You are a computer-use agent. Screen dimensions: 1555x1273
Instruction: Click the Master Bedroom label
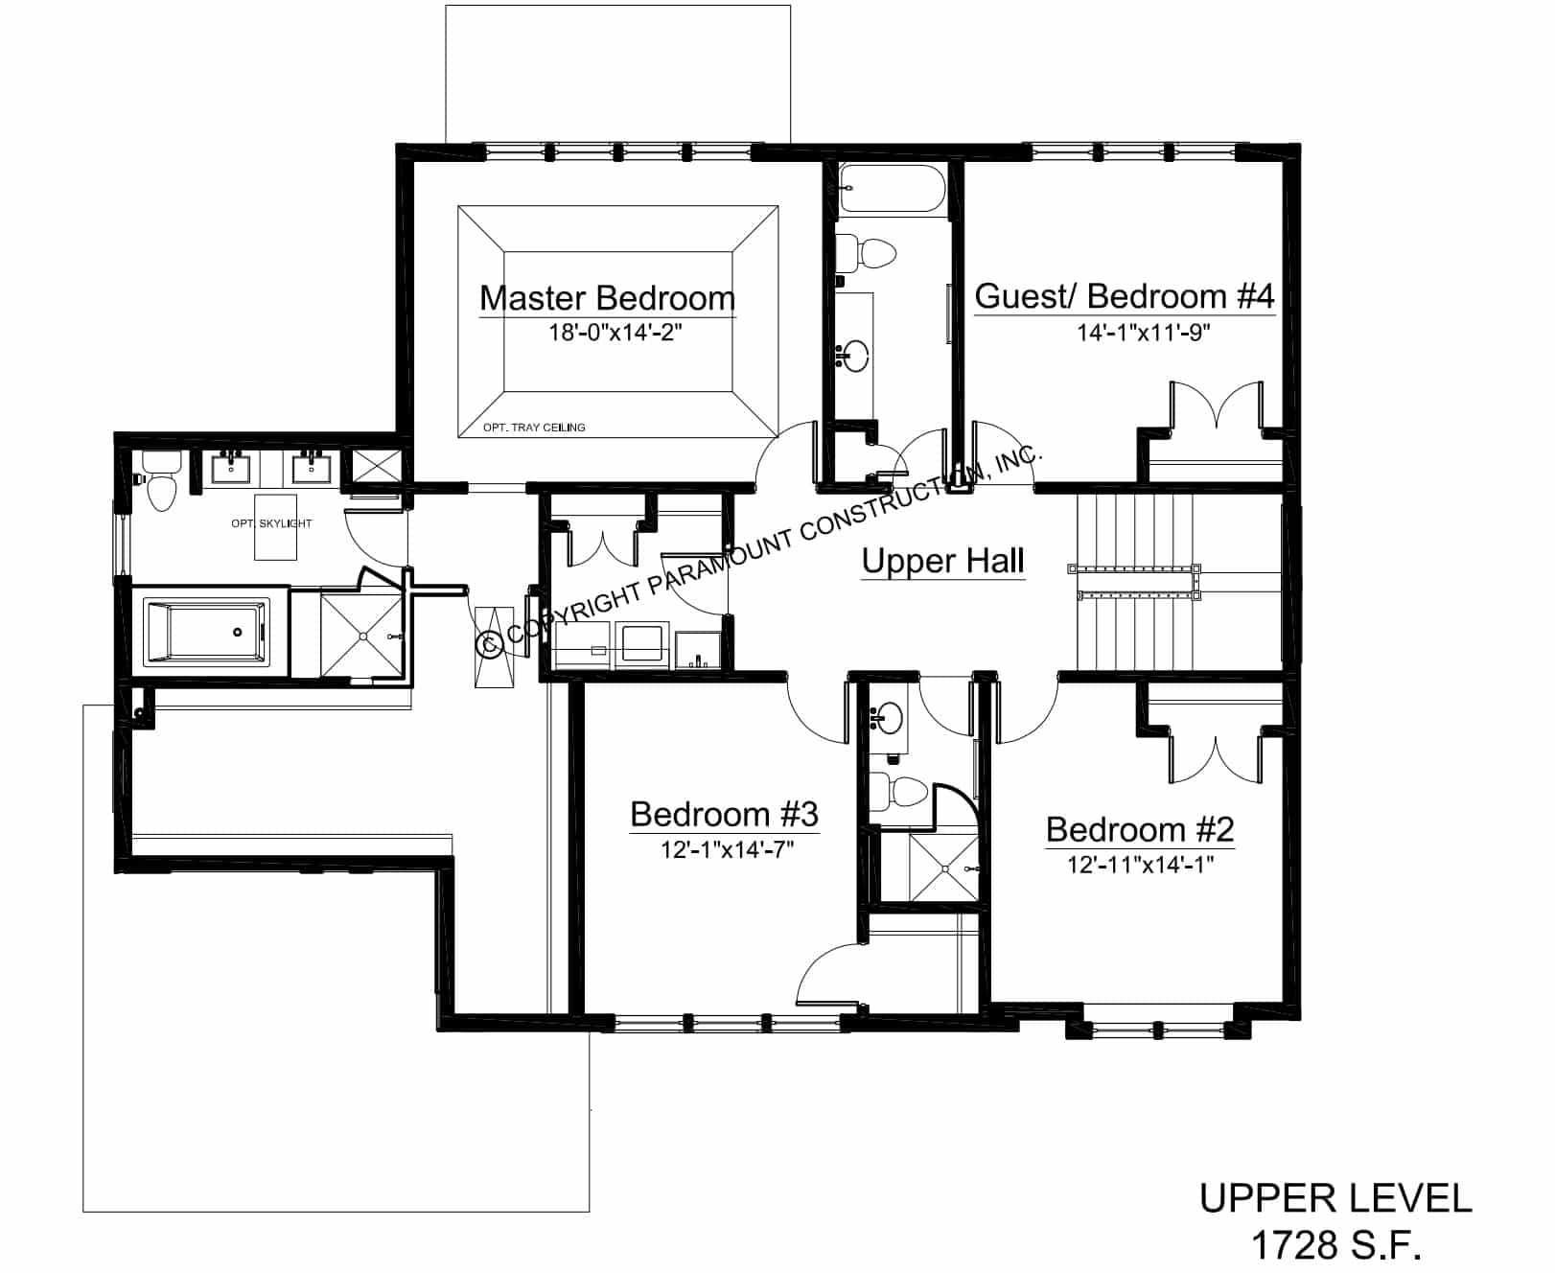607,298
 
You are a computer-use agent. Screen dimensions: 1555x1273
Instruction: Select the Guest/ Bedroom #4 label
1125,296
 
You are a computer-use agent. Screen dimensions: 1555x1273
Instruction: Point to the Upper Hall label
943,561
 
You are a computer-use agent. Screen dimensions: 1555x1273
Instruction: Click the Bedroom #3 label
724,814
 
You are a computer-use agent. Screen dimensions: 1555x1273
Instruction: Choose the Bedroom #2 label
1140,829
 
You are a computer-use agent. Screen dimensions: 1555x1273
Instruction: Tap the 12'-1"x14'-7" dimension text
727,849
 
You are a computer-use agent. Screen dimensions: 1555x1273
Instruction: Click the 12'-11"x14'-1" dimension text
1141,865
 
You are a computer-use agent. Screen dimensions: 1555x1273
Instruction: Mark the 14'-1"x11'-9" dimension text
1145,333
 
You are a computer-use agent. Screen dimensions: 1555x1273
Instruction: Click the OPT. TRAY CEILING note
534,428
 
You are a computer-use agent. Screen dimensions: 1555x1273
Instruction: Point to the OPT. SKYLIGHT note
271,523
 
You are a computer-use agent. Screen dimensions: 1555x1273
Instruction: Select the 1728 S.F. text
1335,1246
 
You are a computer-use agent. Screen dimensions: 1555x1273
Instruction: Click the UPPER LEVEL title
1335,1198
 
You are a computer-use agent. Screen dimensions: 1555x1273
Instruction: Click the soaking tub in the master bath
205,631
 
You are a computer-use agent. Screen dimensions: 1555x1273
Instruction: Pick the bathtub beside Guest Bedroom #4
892,189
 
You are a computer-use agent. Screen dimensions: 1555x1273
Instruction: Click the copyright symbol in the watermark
491,643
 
